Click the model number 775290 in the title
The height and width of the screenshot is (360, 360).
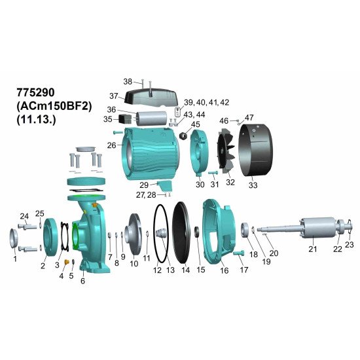click(35, 92)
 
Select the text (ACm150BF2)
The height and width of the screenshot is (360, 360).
click(54, 106)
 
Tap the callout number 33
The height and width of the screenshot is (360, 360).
click(253, 185)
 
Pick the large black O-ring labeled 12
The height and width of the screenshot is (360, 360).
click(161, 234)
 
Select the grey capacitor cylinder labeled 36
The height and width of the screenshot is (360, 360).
click(151, 118)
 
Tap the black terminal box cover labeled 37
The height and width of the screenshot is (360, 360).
click(151, 98)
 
